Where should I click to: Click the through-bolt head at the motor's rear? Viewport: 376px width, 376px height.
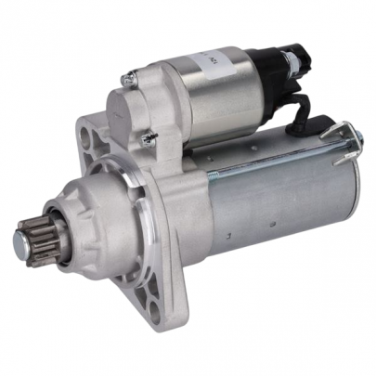tap(356, 139)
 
